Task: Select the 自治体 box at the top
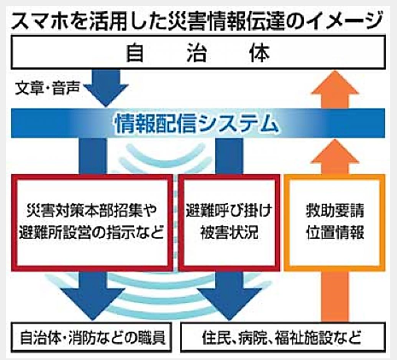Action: click(x=198, y=52)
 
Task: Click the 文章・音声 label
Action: click(x=47, y=88)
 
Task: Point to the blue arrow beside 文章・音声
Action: click(x=106, y=88)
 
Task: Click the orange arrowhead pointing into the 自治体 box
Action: click(x=335, y=83)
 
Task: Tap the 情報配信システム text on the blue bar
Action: click(x=196, y=123)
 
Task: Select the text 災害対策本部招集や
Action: click(x=91, y=211)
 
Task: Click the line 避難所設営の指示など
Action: click(x=91, y=232)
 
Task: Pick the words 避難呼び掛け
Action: click(x=229, y=211)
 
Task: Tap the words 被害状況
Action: click(x=229, y=232)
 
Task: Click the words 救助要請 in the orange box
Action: click(x=335, y=211)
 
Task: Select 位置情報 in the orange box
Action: click(x=335, y=232)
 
